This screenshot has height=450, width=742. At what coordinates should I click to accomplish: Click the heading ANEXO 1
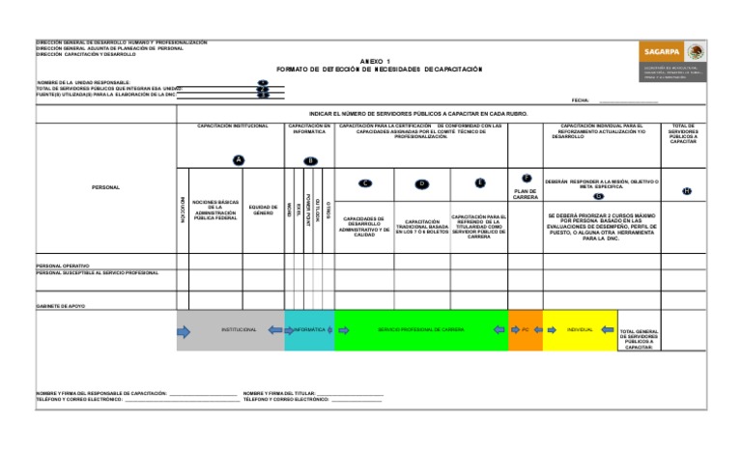coord(378,61)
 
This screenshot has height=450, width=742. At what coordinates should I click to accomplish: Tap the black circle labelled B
coord(310,160)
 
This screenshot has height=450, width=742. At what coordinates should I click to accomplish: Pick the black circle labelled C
coord(364,183)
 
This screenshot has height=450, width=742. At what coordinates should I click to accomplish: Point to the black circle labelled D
coord(422,183)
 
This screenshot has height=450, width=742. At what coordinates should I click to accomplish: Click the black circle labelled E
coord(480,183)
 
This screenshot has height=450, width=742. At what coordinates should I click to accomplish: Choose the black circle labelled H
coord(687,191)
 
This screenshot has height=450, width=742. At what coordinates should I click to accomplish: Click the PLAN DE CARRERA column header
coord(526,195)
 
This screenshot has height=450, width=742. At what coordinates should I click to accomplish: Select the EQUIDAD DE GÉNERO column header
coord(264,209)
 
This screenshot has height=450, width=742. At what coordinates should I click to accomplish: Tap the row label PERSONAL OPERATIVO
coord(63,265)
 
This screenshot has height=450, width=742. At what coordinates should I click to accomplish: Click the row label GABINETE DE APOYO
coord(60,305)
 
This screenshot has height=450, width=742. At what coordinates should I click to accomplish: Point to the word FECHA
coord(581,99)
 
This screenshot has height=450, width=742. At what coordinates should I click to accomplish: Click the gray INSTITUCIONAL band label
coord(239,330)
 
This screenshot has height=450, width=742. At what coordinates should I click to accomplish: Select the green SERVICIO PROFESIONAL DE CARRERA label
coord(421,330)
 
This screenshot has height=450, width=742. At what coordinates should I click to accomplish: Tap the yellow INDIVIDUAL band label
coord(580,330)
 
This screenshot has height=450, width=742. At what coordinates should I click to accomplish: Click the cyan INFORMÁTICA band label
coord(309,330)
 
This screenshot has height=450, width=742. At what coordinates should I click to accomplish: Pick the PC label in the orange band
coord(525,330)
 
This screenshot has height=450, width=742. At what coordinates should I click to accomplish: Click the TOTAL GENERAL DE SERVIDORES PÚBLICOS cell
coord(638,339)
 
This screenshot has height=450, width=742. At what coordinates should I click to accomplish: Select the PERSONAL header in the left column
coord(105,186)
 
